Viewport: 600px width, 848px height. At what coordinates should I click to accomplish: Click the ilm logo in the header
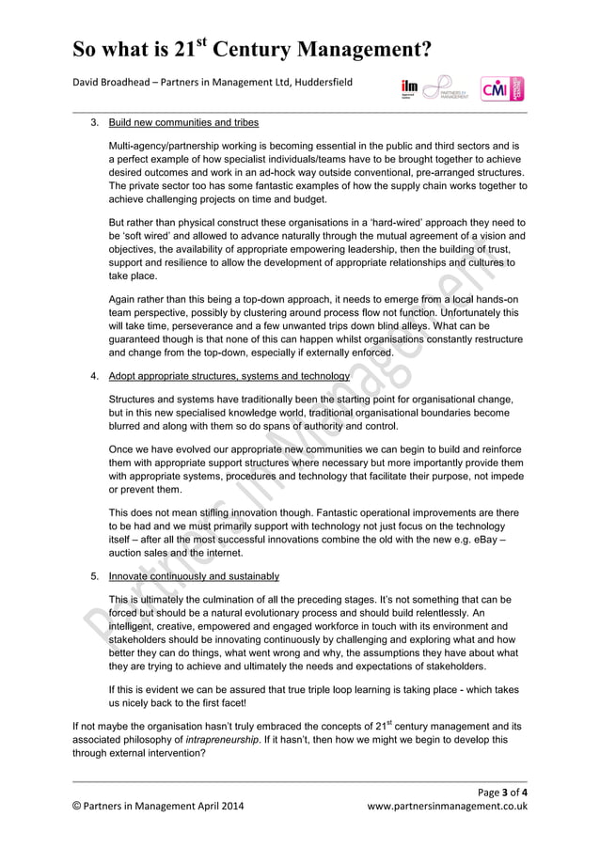409,88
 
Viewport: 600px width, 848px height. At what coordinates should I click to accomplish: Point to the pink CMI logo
501,89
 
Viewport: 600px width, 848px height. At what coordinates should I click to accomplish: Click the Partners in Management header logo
449,88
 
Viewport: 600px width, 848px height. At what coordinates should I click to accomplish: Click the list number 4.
95,376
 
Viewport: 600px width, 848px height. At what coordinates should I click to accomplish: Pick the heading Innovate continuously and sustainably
194,576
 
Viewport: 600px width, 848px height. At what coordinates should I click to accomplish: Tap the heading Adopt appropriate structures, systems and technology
229,376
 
